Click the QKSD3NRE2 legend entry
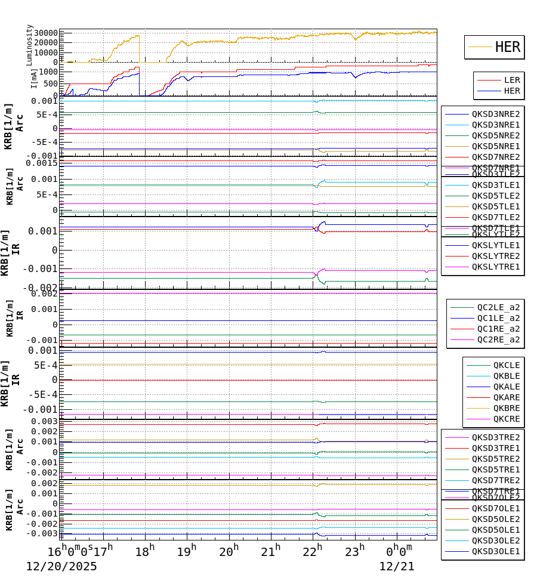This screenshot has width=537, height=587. (495, 114)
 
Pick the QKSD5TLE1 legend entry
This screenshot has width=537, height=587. (495, 206)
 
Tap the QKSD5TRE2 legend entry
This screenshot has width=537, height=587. (495, 459)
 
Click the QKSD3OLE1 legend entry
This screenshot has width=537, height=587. (495, 551)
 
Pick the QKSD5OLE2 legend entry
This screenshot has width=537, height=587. (495, 519)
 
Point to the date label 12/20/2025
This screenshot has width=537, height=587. (61, 567)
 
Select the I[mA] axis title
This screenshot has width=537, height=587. (35, 78)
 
